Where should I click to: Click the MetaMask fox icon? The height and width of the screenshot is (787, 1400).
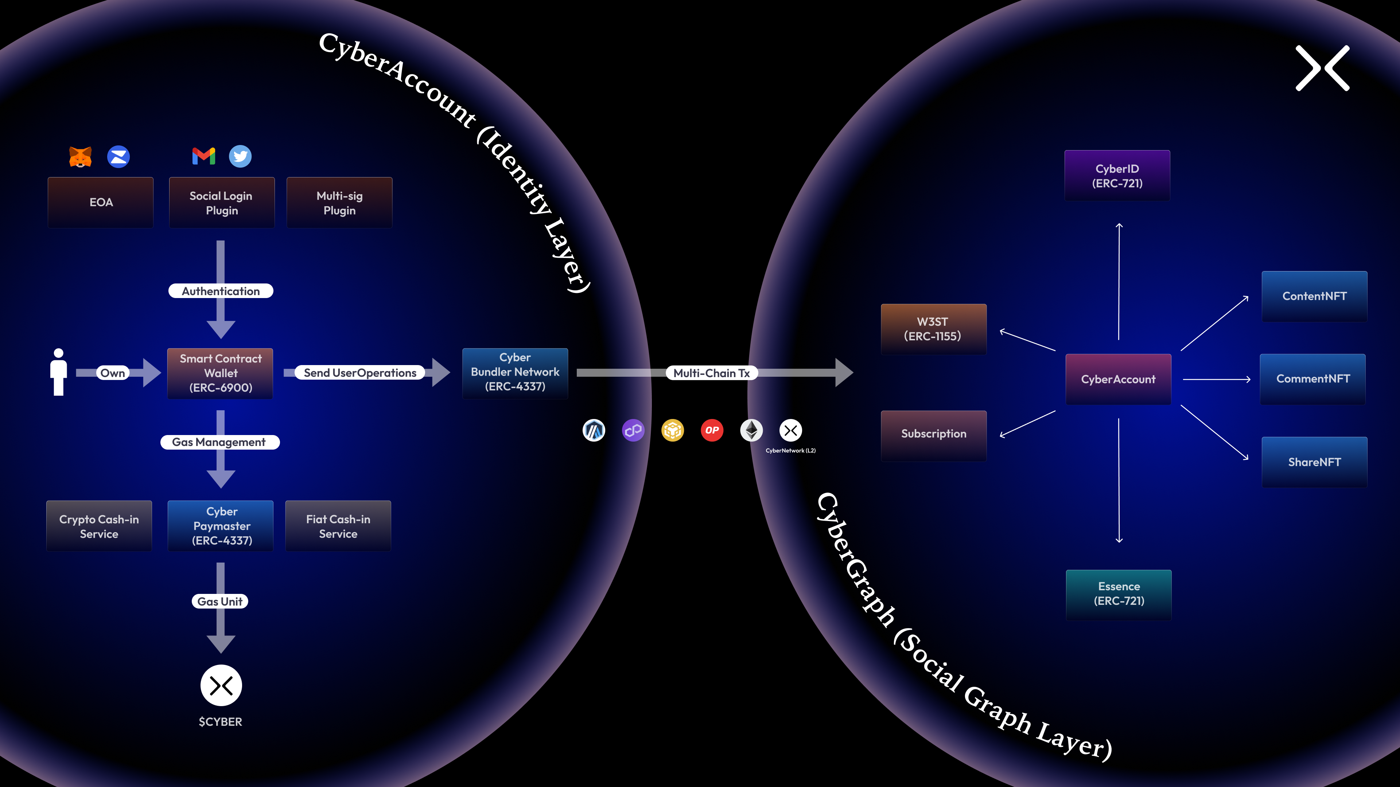point(81,157)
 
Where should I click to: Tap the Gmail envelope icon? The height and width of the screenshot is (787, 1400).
point(204,156)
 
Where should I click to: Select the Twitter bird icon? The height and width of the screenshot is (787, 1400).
point(240,156)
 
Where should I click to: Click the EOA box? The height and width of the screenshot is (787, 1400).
point(101,203)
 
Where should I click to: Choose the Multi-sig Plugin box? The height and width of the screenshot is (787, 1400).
point(340,203)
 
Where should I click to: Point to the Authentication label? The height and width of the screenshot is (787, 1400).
point(221,291)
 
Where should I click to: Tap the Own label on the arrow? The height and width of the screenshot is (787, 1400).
point(113,373)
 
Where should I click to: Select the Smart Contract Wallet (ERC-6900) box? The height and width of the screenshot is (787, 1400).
point(221,373)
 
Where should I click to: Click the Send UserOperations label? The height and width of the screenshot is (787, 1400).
point(360,373)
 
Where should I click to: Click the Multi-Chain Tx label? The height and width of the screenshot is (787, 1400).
point(711,373)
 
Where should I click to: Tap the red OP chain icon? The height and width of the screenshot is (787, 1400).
point(712,430)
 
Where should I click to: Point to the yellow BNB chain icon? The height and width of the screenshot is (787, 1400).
point(673,430)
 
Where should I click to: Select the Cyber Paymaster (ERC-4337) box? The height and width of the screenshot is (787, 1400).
point(222,526)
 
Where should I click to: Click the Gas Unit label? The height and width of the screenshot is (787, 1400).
point(220,601)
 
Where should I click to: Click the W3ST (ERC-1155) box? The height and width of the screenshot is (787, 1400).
point(933,329)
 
